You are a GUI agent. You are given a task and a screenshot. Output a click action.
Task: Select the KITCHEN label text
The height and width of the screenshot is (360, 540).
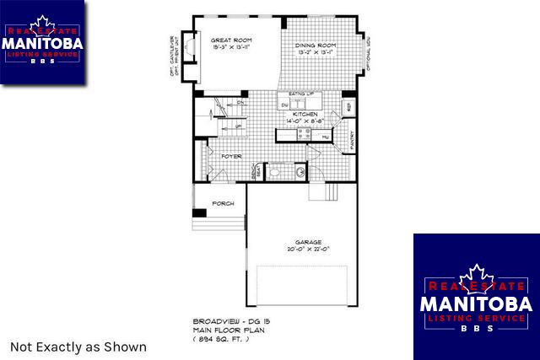(x=305, y=112)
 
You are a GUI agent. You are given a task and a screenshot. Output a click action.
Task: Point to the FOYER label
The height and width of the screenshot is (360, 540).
(x=232, y=156)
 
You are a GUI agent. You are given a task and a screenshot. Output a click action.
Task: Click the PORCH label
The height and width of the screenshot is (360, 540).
(x=223, y=203)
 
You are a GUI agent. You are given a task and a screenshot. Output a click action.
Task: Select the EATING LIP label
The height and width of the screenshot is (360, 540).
(x=302, y=94)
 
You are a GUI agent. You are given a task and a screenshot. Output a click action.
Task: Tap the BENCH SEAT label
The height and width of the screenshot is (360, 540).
(x=256, y=171)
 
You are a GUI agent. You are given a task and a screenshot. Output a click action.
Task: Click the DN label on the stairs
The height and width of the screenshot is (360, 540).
(x=240, y=103)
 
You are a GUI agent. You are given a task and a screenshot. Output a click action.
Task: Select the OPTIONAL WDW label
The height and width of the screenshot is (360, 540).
(x=368, y=55)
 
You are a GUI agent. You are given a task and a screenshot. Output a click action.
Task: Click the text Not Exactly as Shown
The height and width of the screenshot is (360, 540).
(x=78, y=347)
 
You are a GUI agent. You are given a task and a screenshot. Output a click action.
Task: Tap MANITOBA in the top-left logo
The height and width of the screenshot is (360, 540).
(x=42, y=42)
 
